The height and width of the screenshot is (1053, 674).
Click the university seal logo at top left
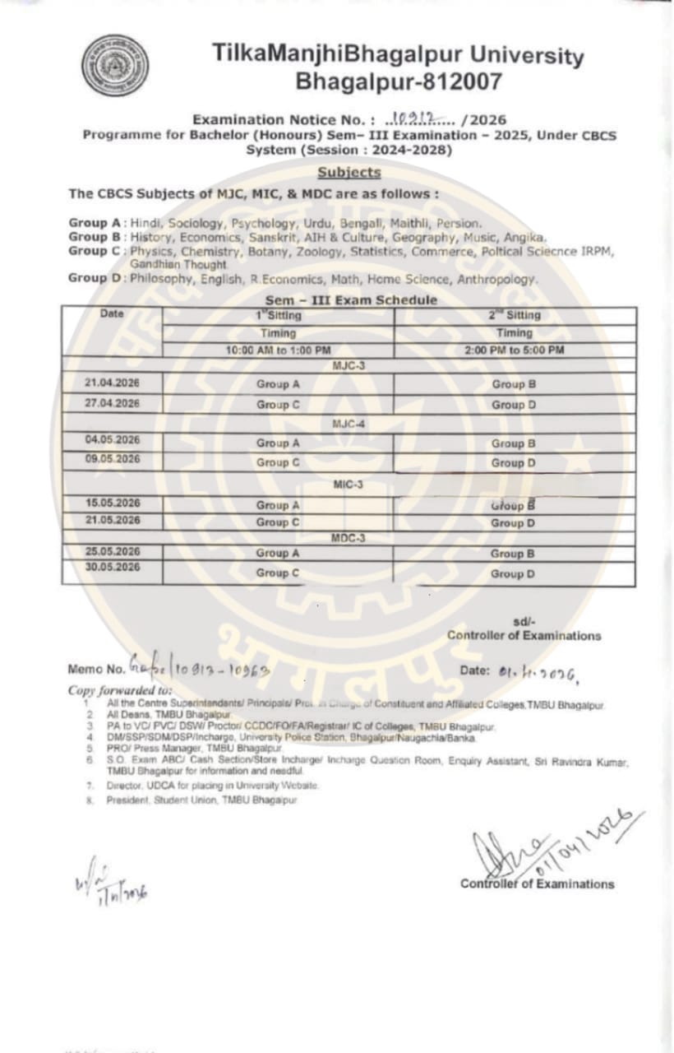(x=115, y=66)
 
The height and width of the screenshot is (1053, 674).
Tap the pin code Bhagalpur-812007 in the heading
(x=398, y=82)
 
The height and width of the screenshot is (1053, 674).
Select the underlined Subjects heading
(x=349, y=173)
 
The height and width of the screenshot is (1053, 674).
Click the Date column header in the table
(x=112, y=314)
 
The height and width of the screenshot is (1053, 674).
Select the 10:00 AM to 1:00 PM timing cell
(x=278, y=350)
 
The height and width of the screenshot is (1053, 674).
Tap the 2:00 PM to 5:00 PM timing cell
(x=514, y=350)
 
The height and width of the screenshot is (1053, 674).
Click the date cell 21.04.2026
(x=113, y=383)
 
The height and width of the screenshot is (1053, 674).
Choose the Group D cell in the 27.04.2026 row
(x=514, y=405)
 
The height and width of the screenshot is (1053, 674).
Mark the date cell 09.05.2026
(x=113, y=460)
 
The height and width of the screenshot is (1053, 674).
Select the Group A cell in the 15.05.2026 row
(x=278, y=505)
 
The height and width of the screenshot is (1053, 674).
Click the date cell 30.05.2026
(x=113, y=568)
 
